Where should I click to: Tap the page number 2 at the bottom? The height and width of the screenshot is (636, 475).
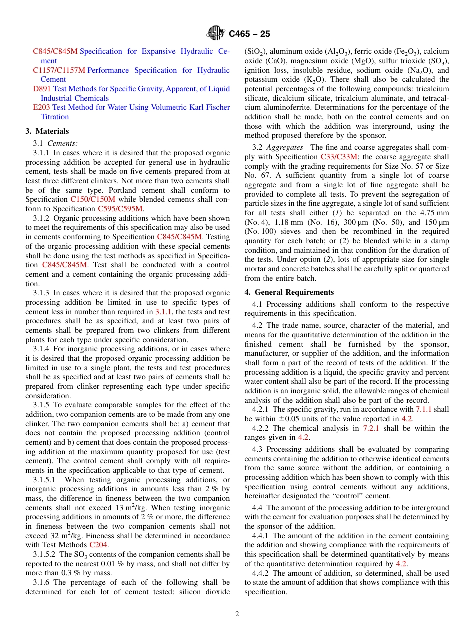click(237, 614)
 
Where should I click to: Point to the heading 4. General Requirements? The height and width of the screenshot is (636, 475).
click(289, 292)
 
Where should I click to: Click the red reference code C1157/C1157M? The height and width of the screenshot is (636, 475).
click(59, 70)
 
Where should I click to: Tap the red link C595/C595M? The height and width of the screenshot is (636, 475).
click(120, 208)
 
